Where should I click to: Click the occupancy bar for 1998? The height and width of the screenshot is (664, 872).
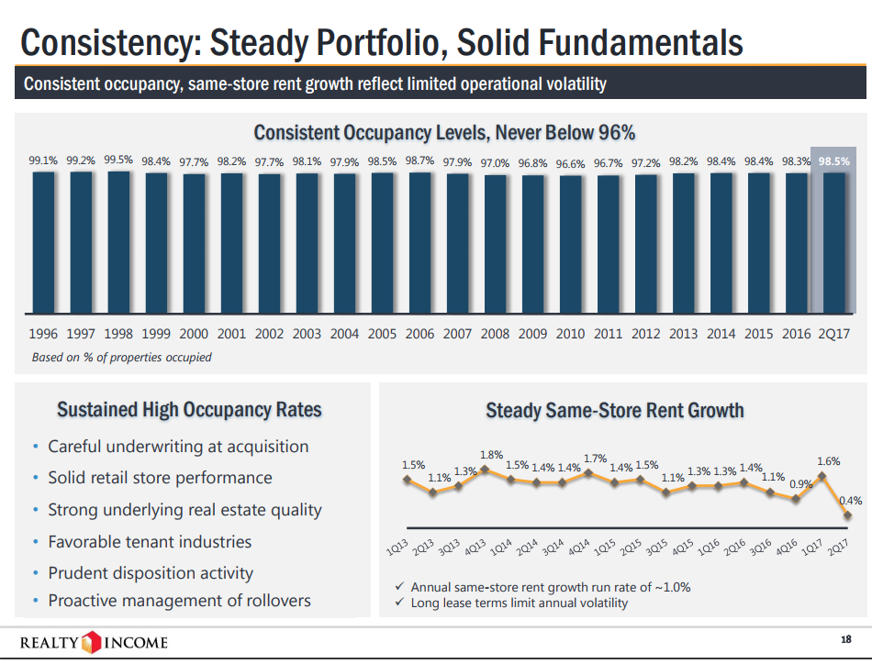click(x=118, y=243)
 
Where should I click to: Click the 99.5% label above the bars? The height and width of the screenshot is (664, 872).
click(x=118, y=160)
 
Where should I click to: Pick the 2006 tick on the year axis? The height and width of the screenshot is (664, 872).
click(x=419, y=334)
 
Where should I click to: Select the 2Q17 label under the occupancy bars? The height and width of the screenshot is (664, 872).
click(x=833, y=334)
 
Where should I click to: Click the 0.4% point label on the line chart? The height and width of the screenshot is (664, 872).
click(x=851, y=501)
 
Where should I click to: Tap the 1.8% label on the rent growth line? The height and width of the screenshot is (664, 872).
click(x=491, y=454)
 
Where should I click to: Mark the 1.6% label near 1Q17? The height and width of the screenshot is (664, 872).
click(x=828, y=461)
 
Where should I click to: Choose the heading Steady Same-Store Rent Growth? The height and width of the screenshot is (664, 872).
click(x=614, y=410)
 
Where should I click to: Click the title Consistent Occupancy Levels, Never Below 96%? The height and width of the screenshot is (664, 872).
click(x=444, y=132)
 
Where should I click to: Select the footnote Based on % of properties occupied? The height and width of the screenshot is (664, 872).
click(x=121, y=357)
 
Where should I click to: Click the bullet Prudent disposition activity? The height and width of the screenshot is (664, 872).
click(x=150, y=573)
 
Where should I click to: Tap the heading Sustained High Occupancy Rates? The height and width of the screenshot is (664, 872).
click(x=189, y=409)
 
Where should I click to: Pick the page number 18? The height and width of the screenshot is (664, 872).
click(x=845, y=638)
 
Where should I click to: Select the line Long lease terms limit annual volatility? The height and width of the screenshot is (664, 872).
click(x=520, y=603)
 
